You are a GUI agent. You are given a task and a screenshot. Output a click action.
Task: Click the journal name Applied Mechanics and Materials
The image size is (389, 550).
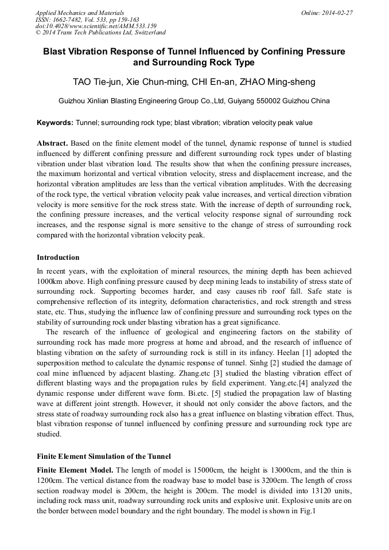[x=80, y=13]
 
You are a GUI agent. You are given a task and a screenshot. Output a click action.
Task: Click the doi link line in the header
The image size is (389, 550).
[x=96, y=26]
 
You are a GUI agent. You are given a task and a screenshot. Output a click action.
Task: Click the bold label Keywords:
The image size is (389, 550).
[x=55, y=123]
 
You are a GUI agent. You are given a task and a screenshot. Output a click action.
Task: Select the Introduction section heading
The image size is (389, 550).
[x=58, y=258]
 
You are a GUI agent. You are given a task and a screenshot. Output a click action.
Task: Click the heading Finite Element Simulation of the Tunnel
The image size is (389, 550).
[x=103, y=457]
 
